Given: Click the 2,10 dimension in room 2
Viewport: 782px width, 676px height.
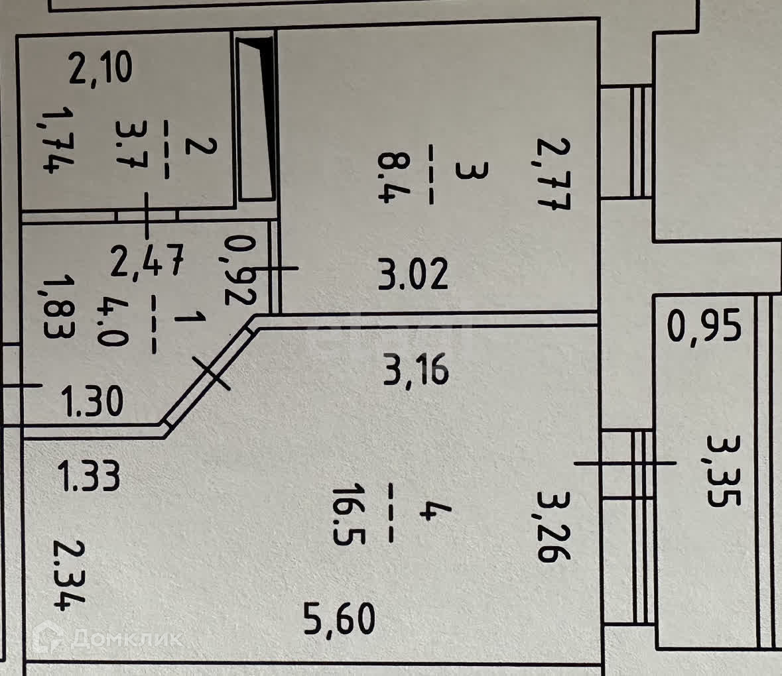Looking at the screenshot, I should point(101,69).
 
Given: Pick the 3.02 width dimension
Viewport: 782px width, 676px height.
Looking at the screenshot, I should point(413,274).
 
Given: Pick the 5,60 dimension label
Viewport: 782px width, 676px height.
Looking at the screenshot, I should point(339,620).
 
